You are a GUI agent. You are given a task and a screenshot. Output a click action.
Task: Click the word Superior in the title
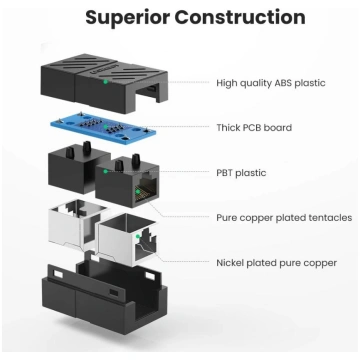tap(128, 17)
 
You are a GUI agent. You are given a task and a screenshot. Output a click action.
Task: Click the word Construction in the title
tap(240, 17)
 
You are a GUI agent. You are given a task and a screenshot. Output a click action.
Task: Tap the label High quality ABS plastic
tap(271, 83)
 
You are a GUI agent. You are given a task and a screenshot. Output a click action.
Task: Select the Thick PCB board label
tap(254, 128)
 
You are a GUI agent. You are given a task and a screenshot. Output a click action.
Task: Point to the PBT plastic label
tap(241, 173)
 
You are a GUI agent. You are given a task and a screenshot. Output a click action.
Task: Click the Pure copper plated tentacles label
tap(284, 218)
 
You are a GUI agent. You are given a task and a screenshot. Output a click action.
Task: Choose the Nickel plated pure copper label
tap(276, 263)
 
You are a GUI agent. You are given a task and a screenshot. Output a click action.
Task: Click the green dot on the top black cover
tap(105, 81)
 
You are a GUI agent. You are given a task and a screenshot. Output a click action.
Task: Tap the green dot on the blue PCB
tap(105, 126)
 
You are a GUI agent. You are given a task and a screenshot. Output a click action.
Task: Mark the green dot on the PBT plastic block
tap(105, 171)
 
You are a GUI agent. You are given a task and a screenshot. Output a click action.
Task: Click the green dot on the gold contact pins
tap(137, 191)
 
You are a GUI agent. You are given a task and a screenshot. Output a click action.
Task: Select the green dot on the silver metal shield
tap(137, 236)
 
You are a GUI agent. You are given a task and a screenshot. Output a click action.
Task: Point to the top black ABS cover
tap(104, 84)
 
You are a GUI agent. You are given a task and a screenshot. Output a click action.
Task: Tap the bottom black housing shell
tap(104, 298)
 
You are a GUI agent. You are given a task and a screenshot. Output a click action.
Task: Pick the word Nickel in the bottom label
tap(230, 263)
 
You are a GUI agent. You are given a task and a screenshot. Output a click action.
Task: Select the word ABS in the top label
tap(283, 83)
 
